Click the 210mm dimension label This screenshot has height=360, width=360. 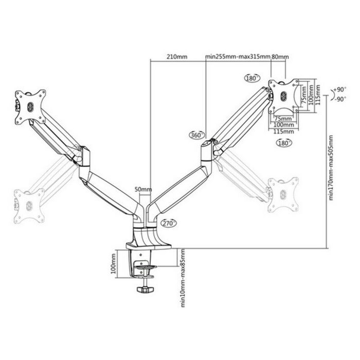click(x=176, y=57)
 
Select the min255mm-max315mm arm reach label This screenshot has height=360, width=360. click(x=238, y=57)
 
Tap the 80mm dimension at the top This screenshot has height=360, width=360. click(x=280, y=57)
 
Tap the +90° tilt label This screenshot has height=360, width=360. click(x=339, y=89)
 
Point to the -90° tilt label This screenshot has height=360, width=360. click(x=339, y=99)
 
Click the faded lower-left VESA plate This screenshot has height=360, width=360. click(x=29, y=206)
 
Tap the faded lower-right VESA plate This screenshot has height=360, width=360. click(x=283, y=194)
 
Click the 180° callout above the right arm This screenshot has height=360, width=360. click(x=251, y=78)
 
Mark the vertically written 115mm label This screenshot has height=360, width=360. click(x=318, y=94)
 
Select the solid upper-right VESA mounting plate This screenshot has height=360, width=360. click(x=284, y=95)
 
